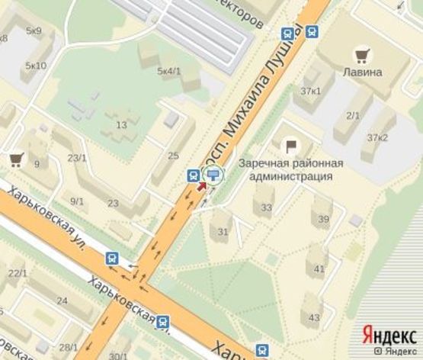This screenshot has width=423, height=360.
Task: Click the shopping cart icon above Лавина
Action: (361, 55)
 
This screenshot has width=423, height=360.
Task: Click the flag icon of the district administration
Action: (290, 145)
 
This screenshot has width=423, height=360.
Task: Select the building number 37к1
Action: (310, 92)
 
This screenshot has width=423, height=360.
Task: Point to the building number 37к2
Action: (377, 137)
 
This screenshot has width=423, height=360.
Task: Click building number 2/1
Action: (353, 115)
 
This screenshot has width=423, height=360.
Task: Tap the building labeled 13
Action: (121, 124)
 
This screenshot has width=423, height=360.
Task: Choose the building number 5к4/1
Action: (168, 71)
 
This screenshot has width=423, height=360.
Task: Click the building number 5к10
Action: (36, 66)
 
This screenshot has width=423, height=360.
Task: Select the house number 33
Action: (266, 207)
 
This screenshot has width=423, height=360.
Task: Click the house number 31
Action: (223, 232)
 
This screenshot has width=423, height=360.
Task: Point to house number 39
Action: (324, 220)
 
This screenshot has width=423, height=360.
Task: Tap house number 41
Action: (319, 268)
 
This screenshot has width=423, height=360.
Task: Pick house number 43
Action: (315, 317)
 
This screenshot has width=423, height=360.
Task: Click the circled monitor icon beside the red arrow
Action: (214, 175)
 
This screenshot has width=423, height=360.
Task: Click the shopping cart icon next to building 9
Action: (15, 159)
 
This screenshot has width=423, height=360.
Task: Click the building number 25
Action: (173, 156)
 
